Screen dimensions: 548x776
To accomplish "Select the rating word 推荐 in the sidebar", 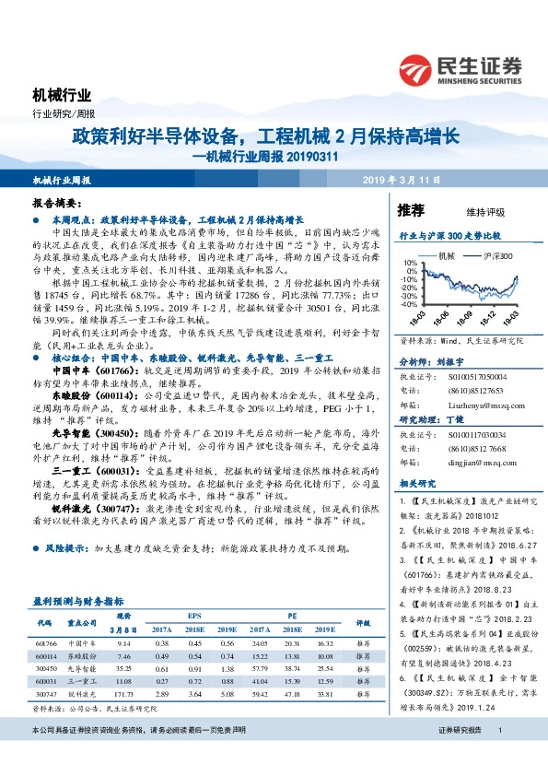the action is [x=411, y=210].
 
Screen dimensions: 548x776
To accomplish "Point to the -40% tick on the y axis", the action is [x=409, y=303].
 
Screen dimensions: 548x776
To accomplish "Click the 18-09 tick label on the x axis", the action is [x=469, y=316].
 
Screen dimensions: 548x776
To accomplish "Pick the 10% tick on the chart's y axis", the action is [x=411, y=263].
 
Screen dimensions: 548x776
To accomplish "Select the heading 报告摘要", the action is [x=55, y=202].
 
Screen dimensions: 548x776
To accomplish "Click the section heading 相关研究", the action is [x=416, y=484].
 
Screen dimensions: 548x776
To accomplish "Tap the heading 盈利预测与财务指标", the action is [x=78, y=599].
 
